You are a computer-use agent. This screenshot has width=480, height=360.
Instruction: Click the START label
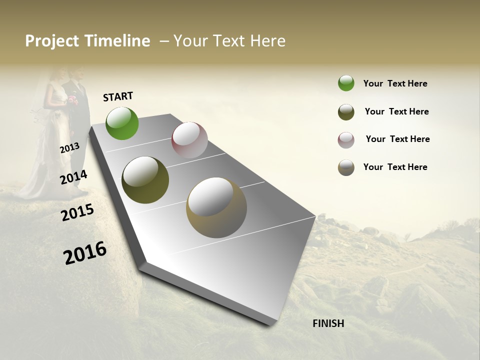click(x=118, y=96)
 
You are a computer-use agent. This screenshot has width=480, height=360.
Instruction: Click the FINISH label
click(x=328, y=323)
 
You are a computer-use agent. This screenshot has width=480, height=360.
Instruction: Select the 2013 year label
click(x=69, y=148)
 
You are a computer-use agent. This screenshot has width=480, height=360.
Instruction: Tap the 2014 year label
click(x=73, y=177)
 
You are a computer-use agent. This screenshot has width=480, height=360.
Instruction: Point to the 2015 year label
click(x=77, y=212)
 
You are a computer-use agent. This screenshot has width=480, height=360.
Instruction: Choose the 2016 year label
click(x=85, y=253)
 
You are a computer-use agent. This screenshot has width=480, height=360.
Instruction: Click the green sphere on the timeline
click(x=122, y=123)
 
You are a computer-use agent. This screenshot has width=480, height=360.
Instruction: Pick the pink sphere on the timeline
click(x=189, y=140)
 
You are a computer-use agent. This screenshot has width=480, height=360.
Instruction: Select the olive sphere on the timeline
click(x=145, y=180)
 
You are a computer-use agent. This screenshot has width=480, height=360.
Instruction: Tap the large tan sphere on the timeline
click(x=216, y=207)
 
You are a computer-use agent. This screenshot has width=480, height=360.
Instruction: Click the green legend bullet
click(x=346, y=83)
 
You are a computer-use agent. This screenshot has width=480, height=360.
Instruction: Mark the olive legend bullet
click(x=346, y=112)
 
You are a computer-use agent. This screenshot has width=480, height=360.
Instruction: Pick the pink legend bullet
click(x=346, y=140)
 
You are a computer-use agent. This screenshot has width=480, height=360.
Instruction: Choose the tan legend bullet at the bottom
click(x=346, y=167)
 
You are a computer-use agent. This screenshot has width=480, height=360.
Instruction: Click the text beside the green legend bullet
click(x=395, y=83)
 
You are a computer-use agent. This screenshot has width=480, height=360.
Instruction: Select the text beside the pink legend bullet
click(x=397, y=139)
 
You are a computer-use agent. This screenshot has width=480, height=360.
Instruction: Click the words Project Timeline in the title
click(x=87, y=41)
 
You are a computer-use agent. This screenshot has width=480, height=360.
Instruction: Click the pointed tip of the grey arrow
click(x=270, y=324)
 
